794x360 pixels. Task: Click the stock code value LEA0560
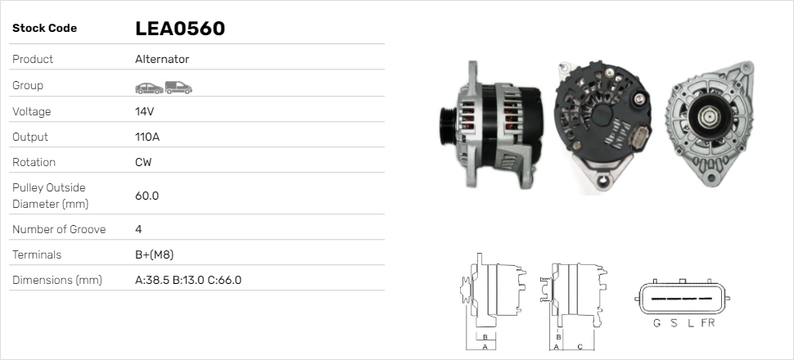179,29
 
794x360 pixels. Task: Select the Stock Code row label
44,29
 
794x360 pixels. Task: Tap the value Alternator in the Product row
162,60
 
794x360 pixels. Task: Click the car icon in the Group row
148,87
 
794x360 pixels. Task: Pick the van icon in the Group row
178,87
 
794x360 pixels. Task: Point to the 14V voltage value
145,111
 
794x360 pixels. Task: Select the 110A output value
147,137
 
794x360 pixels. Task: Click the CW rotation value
143,162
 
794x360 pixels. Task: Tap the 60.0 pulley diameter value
147,196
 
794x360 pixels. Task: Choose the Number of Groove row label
59,229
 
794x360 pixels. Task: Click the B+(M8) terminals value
154,254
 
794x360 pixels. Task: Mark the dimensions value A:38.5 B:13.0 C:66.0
187,281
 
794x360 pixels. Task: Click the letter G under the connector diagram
656,323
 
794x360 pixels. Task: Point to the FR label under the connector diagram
707,323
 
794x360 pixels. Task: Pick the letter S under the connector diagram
674,323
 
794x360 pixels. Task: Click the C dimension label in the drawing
580,347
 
